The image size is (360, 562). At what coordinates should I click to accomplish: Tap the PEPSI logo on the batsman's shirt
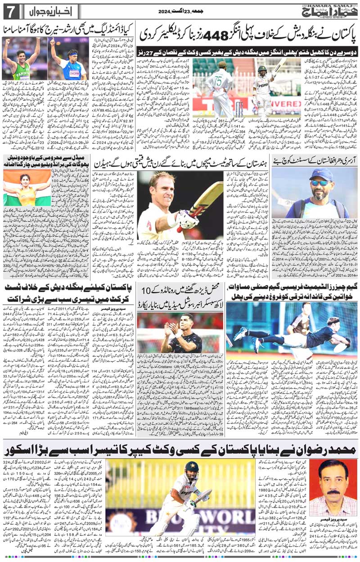pos(262,85)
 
